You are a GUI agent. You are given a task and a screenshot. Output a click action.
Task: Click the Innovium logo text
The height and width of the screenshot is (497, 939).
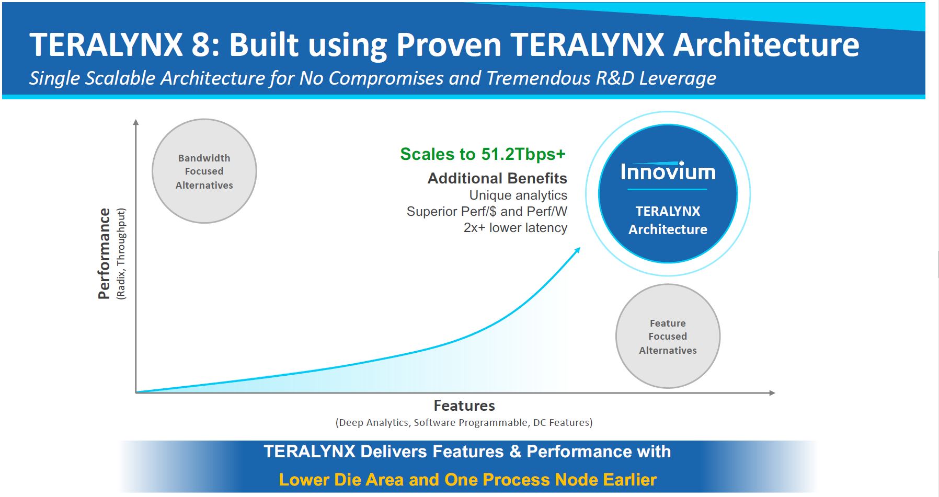point(668,172)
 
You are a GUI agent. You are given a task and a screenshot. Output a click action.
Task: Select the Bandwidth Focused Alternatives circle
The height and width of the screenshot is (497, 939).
point(204,171)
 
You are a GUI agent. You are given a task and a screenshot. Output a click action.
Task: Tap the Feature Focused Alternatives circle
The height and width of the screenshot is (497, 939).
point(668,336)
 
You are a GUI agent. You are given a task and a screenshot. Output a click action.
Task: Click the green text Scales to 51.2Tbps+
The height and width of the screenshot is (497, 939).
point(483,154)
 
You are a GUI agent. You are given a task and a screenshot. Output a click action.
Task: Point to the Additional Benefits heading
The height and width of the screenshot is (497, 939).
point(497,178)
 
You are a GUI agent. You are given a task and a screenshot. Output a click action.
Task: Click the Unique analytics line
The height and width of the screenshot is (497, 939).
point(518,195)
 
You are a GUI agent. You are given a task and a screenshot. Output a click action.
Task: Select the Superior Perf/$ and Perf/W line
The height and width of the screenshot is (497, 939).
point(487,211)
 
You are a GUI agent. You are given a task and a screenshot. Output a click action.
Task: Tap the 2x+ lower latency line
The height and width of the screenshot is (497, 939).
point(515,228)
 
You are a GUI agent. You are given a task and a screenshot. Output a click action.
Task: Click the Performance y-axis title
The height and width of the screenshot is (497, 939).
point(104,253)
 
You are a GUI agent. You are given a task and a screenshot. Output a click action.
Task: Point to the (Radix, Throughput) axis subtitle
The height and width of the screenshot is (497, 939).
point(121,253)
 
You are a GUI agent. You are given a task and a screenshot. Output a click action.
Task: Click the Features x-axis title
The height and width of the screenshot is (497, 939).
point(464,406)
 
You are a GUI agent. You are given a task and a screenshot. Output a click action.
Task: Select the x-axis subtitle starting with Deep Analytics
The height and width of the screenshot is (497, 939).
point(464,422)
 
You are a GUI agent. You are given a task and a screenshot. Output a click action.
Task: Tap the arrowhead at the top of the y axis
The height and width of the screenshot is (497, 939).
point(136,122)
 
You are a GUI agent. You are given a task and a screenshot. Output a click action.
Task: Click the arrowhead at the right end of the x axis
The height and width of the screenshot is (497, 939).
point(772,392)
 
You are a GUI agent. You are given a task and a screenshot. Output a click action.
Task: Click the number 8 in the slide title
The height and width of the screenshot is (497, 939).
point(200,44)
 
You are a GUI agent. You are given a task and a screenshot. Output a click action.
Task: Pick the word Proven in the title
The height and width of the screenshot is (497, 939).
point(449,44)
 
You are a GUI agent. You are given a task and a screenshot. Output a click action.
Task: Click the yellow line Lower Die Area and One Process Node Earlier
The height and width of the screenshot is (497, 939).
point(467,480)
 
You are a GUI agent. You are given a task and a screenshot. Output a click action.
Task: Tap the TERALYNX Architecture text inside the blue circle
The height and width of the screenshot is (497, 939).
point(668,220)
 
